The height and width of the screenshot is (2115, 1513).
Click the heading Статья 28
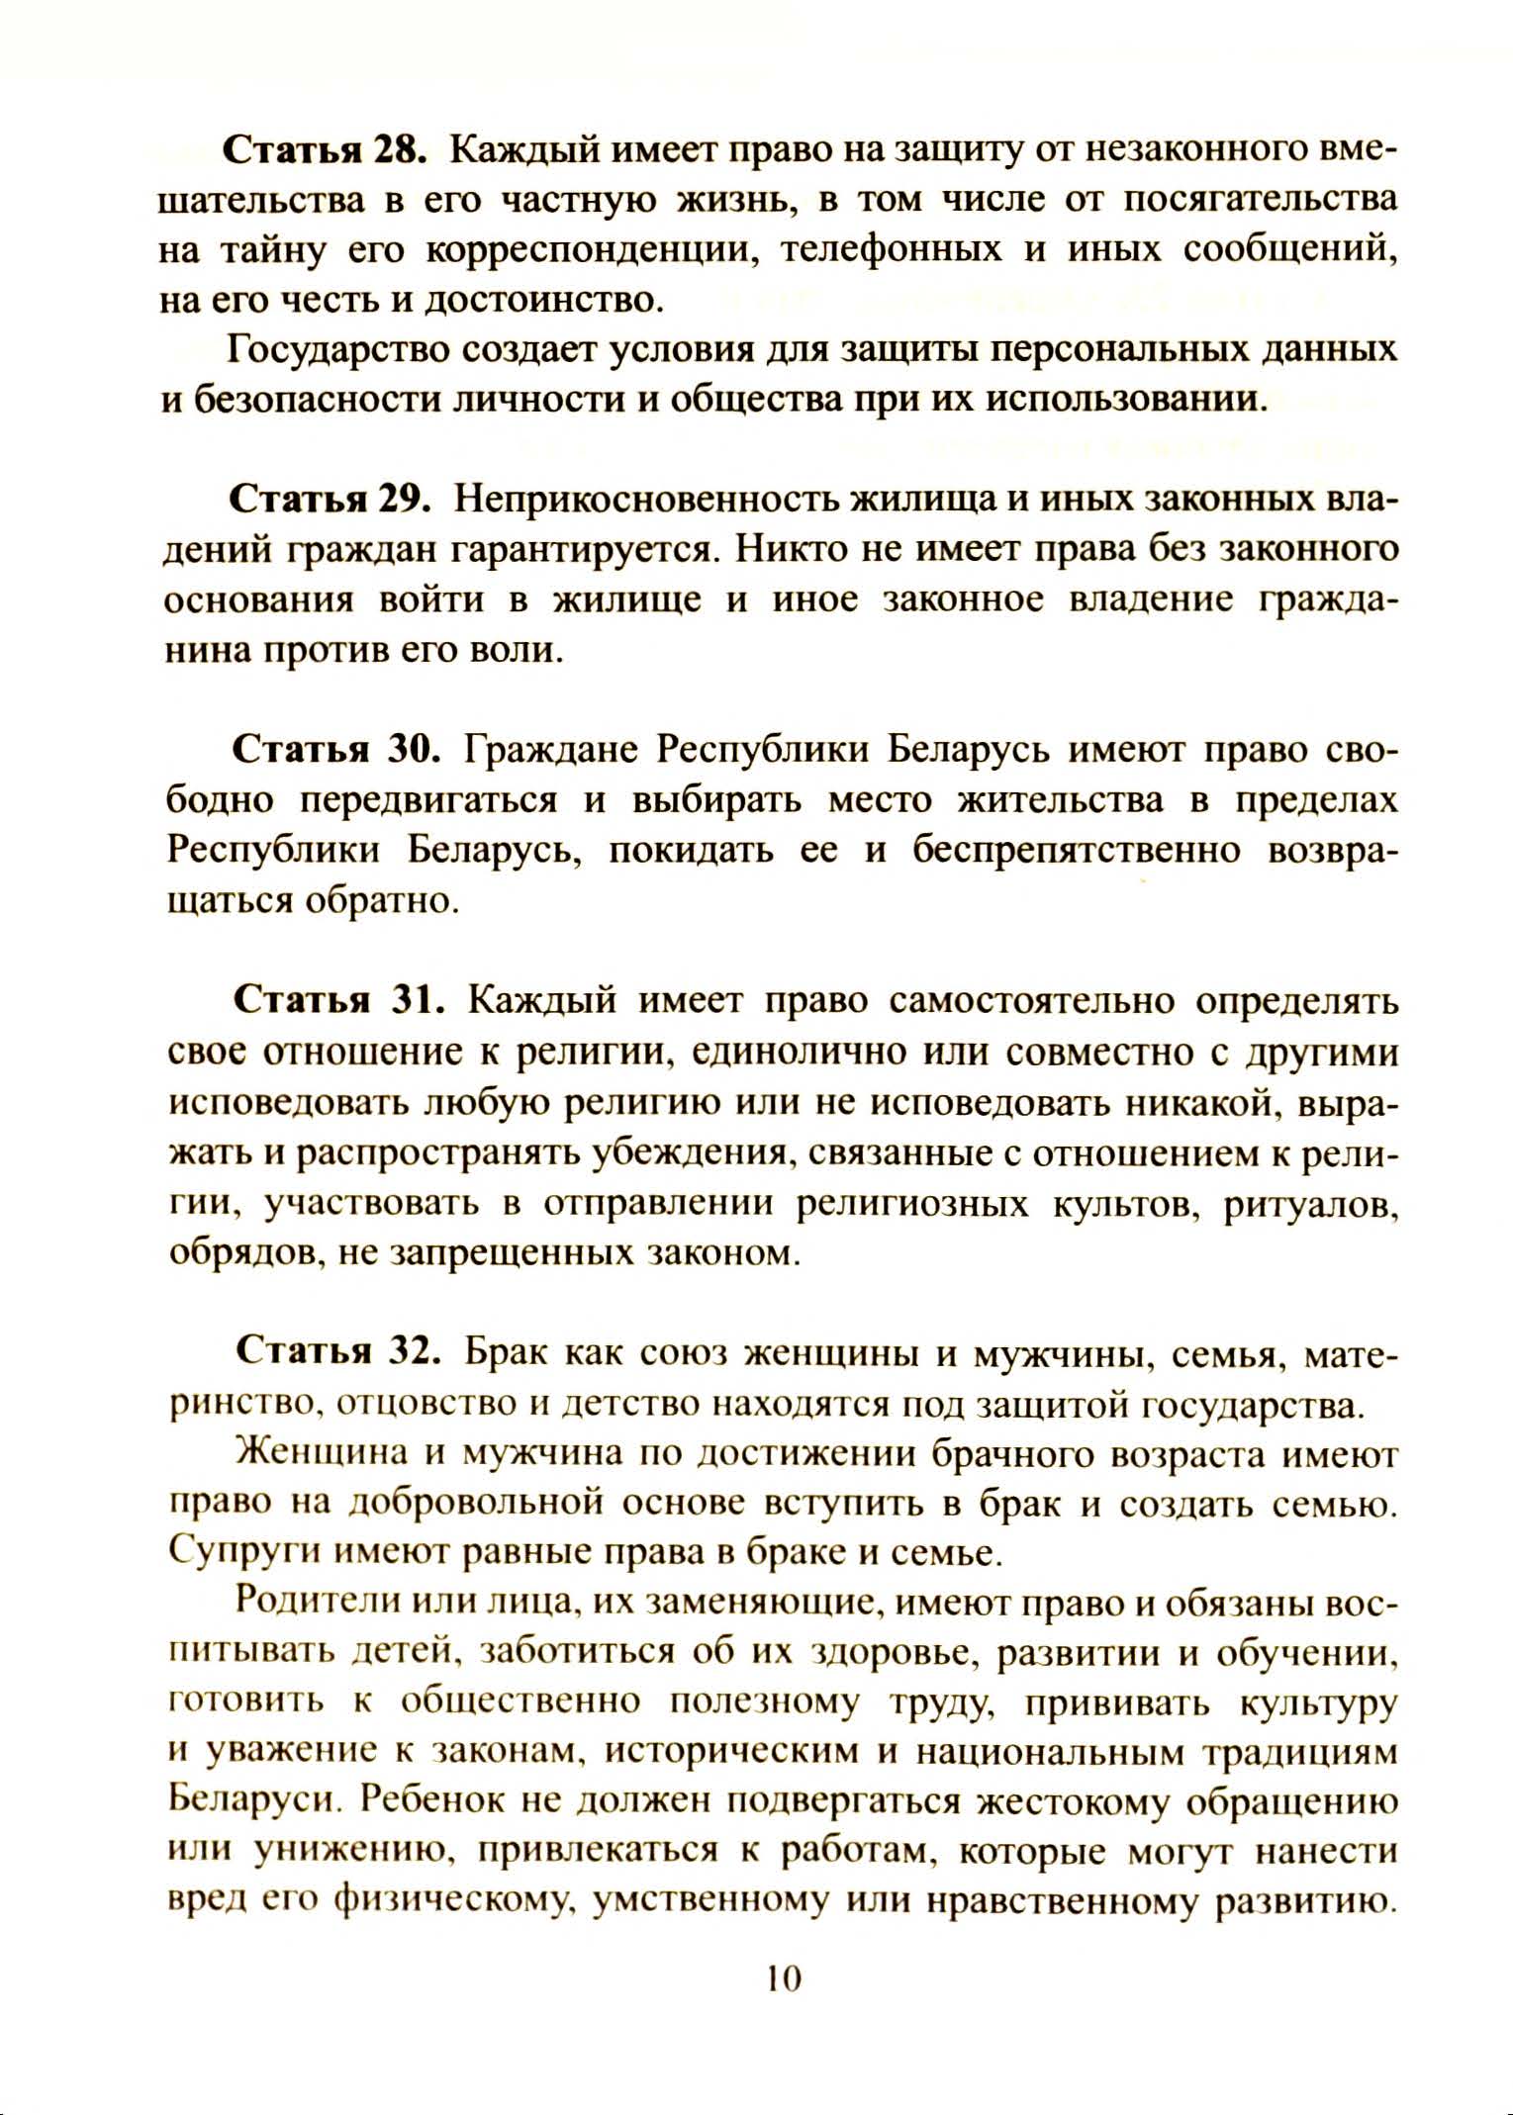click(325, 149)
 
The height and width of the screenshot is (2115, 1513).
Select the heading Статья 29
click(331, 499)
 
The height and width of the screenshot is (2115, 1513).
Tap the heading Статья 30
click(335, 749)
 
